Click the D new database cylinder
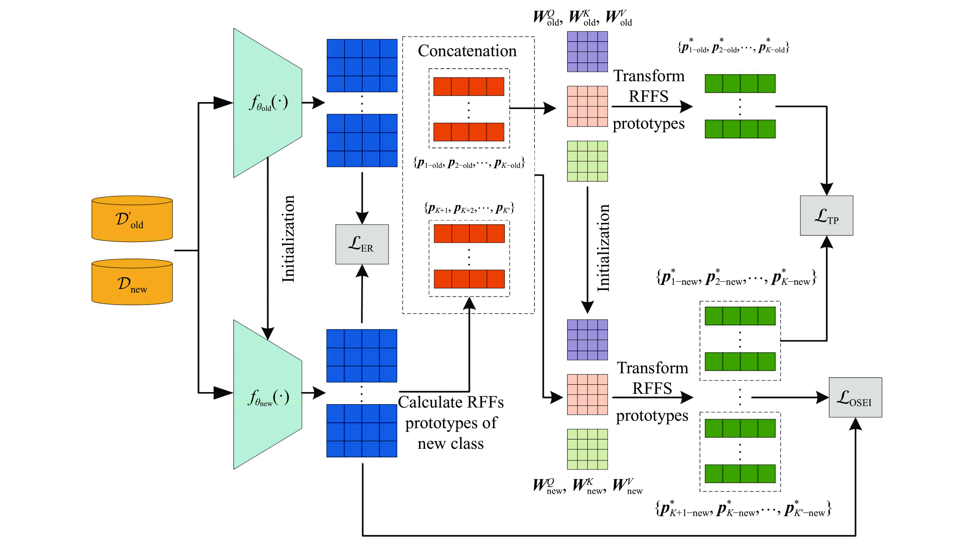(132, 282)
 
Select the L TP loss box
(826, 215)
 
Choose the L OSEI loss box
(855, 397)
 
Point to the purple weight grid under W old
(587, 52)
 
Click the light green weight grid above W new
(587, 449)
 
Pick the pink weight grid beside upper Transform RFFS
(587, 106)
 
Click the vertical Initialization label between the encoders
(288, 239)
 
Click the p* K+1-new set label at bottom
(743, 509)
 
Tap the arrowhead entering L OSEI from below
(855, 424)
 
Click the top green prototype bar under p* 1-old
(740, 84)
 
